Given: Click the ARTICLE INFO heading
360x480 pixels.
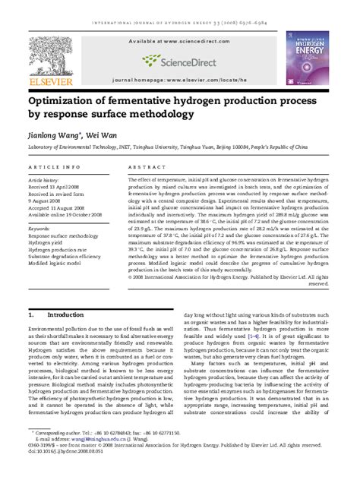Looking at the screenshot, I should tap(55, 165).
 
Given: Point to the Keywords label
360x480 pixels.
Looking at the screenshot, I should tap(39, 227).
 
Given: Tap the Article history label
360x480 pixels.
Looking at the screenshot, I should tap(46, 180).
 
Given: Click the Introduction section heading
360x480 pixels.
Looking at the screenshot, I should tap(65, 314).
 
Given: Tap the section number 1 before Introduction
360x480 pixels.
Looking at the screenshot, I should tap(30, 314).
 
